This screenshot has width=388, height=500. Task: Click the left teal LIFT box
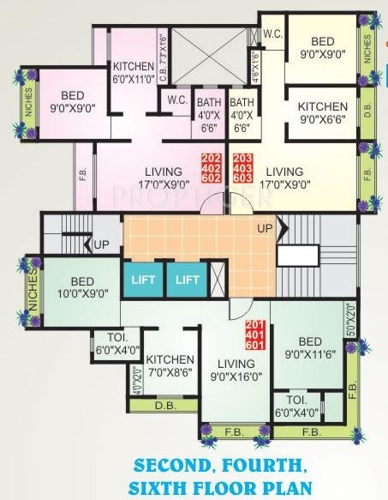point(142,280)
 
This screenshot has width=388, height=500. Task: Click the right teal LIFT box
point(188,280)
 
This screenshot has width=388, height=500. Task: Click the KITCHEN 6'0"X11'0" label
point(133,72)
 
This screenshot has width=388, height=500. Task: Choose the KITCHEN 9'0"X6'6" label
point(323,113)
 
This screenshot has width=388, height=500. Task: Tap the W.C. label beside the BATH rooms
point(178,99)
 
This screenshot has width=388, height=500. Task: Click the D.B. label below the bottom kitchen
point(164,405)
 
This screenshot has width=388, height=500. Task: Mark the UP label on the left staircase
point(102,245)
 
